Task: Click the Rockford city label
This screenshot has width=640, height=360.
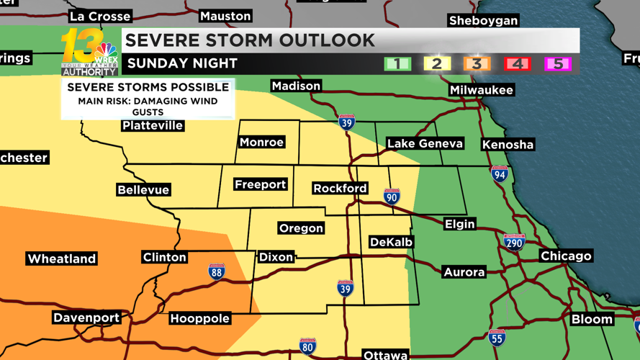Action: click(340, 189)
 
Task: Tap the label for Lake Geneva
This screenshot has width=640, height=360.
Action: click(425, 144)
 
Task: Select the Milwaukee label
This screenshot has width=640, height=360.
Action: click(481, 90)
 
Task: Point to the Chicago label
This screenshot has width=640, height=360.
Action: click(566, 256)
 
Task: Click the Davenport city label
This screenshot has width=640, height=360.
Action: click(86, 318)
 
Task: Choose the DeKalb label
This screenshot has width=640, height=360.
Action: click(391, 243)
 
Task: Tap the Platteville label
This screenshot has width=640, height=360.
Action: click(153, 126)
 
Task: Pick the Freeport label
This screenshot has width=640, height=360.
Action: click(261, 185)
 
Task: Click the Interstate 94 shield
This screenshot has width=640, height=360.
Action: click(500, 174)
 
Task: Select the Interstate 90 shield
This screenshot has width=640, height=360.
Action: click(392, 197)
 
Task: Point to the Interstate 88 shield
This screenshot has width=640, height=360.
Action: click(217, 271)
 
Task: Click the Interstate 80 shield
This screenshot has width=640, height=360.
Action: click(307, 346)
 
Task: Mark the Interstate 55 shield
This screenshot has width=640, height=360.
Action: click(497, 337)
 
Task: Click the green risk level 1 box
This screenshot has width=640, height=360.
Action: click(397, 63)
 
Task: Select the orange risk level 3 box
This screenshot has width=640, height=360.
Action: click(477, 63)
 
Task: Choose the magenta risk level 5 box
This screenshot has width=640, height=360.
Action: click(556, 63)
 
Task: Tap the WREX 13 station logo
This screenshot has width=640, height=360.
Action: click(90, 52)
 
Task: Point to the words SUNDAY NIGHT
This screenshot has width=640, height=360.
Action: click(182, 63)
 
